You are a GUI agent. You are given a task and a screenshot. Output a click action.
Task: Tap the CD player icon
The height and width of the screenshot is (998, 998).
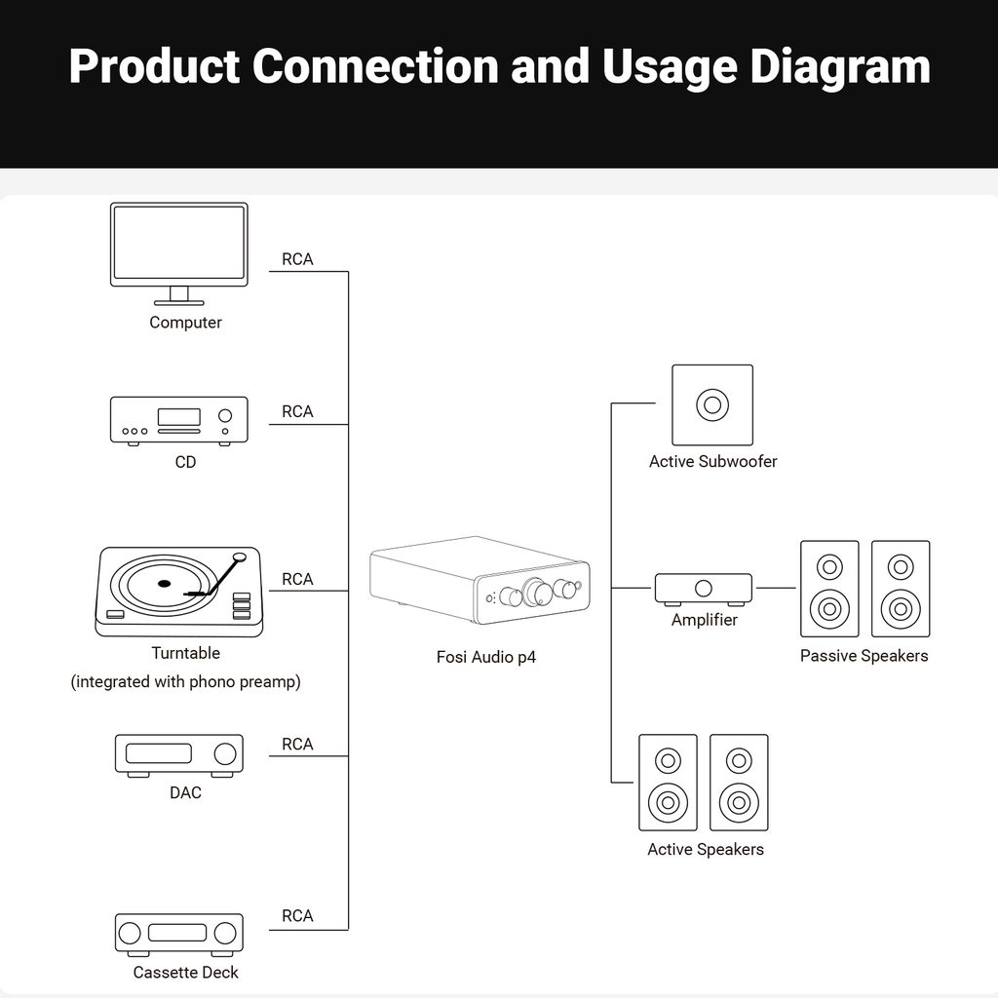click(x=178, y=420)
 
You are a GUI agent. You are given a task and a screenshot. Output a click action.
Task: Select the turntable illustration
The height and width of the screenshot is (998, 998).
click(x=178, y=591)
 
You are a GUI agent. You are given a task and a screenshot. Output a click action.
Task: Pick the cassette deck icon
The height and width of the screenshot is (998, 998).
click(x=178, y=933)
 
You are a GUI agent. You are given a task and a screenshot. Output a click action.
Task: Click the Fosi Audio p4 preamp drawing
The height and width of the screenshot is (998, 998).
click(x=480, y=581)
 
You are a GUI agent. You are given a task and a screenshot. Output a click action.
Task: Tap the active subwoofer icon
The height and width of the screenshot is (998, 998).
click(x=711, y=404)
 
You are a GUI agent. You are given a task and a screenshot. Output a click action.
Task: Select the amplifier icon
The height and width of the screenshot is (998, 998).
click(x=703, y=589)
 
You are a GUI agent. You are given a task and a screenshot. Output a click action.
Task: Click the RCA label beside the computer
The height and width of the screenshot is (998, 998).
click(x=297, y=259)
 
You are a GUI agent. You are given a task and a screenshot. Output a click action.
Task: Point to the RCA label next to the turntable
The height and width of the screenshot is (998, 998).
click(x=297, y=579)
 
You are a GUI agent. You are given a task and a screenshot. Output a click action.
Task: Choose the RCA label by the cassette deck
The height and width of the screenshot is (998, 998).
click(x=297, y=915)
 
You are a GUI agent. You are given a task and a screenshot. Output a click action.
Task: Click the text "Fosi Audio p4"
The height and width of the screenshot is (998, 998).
click(x=485, y=657)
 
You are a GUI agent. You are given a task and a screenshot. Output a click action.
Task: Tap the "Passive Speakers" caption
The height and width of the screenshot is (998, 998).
click(x=864, y=656)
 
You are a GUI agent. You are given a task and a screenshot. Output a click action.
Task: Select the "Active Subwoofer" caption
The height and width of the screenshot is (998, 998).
click(x=712, y=461)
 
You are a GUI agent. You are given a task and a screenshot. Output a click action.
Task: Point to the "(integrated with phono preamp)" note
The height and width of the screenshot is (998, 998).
click(x=185, y=681)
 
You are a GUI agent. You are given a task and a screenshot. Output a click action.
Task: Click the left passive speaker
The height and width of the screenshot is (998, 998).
click(x=829, y=589)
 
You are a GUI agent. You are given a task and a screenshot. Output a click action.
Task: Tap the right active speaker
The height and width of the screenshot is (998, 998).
click(x=739, y=783)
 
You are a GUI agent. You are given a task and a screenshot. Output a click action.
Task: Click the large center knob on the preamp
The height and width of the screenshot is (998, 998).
click(x=534, y=591)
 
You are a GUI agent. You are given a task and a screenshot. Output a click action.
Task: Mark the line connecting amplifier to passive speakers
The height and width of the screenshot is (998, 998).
click(x=776, y=588)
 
